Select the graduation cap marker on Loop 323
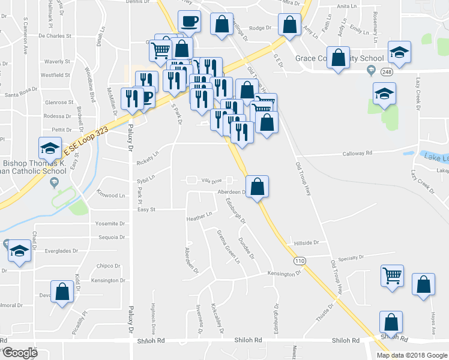pyautogui.click(x=50, y=148)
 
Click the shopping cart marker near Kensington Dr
pyautogui.click(x=392, y=275)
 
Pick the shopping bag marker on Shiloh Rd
pyautogui.click(x=391, y=323)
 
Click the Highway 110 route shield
pyautogui.click(x=300, y=261)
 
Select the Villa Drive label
pyautogui.click(x=211, y=181)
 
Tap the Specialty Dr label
pyautogui.click(x=352, y=258)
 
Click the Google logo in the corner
pyautogui.click(x=19, y=353)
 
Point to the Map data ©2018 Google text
pyautogui.click(x=411, y=355)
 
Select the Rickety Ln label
pyautogui.click(x=147, y=158)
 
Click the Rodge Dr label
pyautogui.click(x=261, y=28)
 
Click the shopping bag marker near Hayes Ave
pyautogui.click(x=424, y=286)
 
